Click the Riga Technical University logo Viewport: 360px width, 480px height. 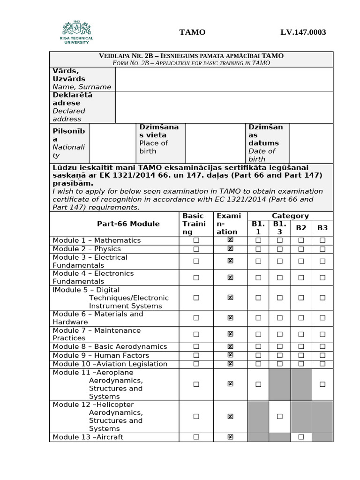point(78,32)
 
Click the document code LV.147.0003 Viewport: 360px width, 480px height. point(303,32)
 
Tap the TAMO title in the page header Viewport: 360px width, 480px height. point(192,32)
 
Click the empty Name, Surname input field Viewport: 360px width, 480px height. point(224,79)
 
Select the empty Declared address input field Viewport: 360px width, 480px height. point(224,107)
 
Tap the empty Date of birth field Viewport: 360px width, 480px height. point(311,143)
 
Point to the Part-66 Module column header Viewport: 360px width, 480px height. point(128,224)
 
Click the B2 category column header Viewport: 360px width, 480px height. point(301,228)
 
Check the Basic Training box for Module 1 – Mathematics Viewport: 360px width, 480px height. point(196,240)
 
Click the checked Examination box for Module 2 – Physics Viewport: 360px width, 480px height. point(230,248)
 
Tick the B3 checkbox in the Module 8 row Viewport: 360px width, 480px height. point(322,346)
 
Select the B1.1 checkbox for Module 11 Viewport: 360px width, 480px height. point(258,384)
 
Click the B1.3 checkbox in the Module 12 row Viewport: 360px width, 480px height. point(279,416)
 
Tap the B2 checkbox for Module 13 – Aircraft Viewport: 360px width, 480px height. point(301,437)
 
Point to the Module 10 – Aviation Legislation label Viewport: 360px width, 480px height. point(110,364)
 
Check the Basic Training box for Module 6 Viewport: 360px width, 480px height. point(196,318)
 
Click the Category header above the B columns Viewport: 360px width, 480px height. point(290,216)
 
